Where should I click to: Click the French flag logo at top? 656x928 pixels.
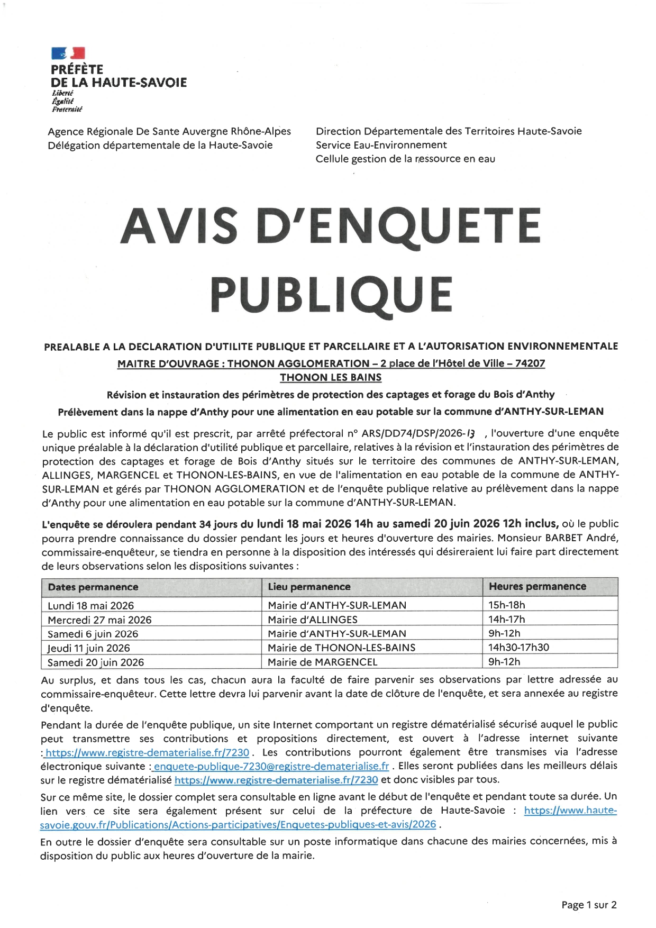(68, 53)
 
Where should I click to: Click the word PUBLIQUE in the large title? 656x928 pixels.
(331, 294)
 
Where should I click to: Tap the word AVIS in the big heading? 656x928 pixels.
(179, 226)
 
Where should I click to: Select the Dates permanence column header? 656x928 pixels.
(93, 587)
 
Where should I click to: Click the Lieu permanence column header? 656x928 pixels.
(309, 587)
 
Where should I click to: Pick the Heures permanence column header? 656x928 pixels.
(537, 586)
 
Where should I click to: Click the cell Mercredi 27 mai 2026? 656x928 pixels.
(99, 620)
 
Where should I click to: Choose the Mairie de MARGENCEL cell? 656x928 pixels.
(322, 662)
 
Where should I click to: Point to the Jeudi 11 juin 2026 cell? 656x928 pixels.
(88, 648)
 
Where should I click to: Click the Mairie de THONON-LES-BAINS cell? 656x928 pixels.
(341, 648)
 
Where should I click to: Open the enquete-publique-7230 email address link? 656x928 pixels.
(271, 766)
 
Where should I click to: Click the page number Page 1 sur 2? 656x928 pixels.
(589, 905)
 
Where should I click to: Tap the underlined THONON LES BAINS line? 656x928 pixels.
(331, 377)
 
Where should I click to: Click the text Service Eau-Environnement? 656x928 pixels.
(381, 145)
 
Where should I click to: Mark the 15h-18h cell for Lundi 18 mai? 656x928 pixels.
(506, 605)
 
